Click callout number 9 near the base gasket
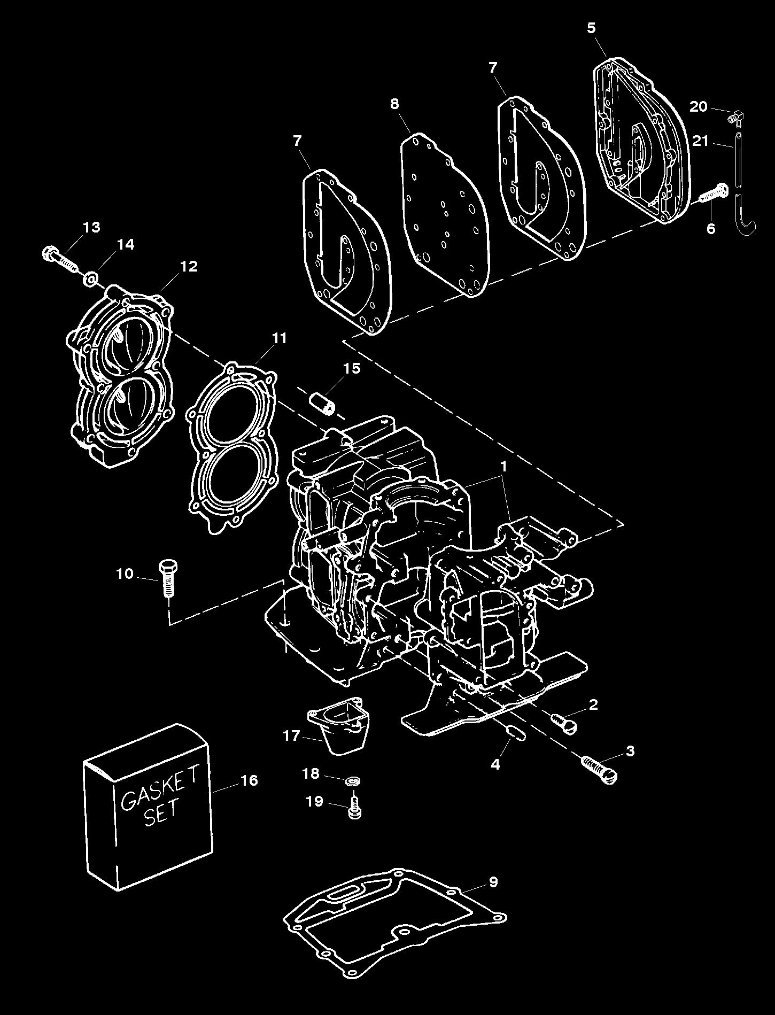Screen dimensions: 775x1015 [493, 881]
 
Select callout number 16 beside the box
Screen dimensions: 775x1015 [249, 780]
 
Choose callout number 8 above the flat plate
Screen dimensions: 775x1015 [394, 104]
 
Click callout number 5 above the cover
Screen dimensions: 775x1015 [591, 28]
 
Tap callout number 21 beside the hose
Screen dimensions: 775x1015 [700, 141]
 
